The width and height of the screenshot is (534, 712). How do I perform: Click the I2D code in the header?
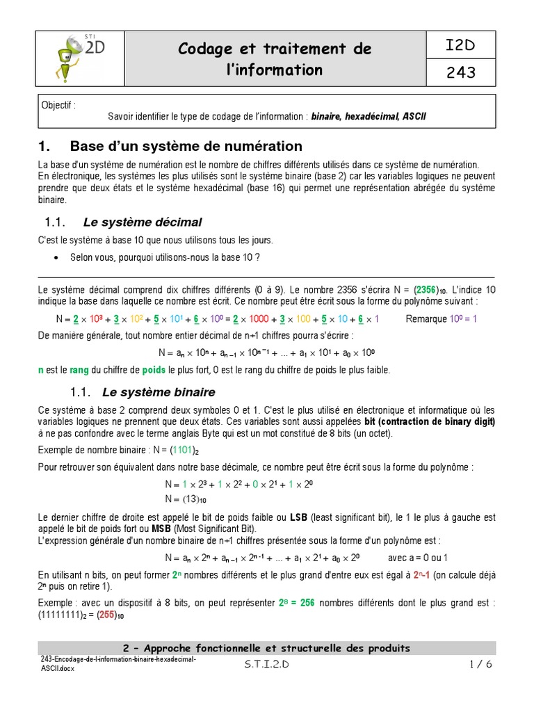point(461,47)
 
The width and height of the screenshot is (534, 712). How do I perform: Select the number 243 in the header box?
point(461,72)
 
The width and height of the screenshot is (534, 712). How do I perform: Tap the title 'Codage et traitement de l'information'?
point(274,59)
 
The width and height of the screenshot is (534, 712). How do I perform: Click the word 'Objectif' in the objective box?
point(59,105)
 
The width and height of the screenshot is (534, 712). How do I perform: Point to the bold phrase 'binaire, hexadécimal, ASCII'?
point(369,115)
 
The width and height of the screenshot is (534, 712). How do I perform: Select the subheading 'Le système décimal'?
point(142,222)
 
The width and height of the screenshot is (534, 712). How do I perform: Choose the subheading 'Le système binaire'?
point(159,392)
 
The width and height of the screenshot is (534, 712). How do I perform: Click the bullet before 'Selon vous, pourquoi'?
point(56,257)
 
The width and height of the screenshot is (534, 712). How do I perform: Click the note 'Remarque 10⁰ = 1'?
point(441,319)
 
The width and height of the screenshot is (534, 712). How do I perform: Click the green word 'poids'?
point(154,369)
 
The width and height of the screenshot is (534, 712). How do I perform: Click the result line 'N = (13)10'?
point(186,499)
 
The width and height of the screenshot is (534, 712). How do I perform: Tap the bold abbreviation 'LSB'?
point(298,517)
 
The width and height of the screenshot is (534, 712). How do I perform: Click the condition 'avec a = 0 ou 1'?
point(418,558)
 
